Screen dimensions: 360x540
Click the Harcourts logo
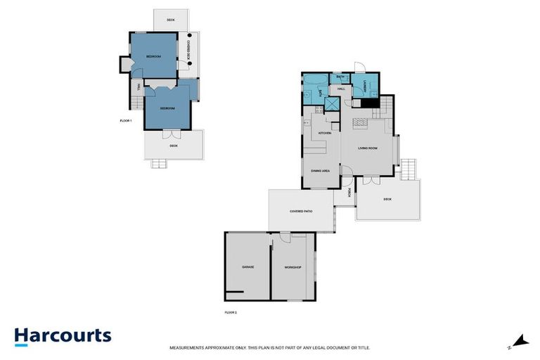point(63,335)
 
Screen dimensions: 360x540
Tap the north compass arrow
point(520,341)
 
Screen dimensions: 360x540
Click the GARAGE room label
point(247,267)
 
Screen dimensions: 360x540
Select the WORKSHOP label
point(292,267)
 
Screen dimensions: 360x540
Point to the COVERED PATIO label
point(300,211)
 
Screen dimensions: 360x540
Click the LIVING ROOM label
point(368,148)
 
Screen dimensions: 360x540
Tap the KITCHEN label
point(324,133)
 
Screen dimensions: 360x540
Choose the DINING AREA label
point(321,169)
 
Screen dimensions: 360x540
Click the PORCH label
point(349,192)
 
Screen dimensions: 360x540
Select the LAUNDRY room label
point(365,84)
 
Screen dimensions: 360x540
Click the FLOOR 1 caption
point(126,121)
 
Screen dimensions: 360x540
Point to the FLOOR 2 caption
point(231,311)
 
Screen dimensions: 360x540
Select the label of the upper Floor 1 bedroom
point(153,56)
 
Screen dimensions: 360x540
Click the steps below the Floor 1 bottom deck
point(160,164)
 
